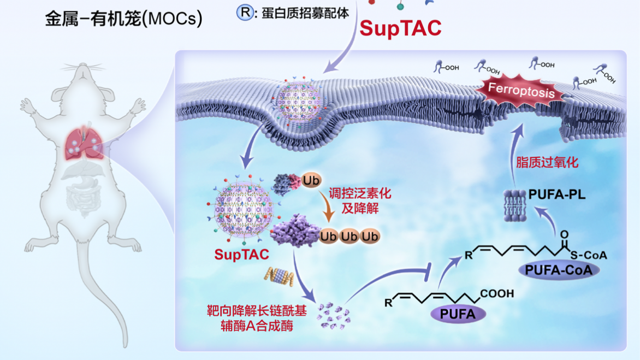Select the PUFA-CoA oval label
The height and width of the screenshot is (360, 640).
[558, 269]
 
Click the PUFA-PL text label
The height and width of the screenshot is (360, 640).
[556, 194]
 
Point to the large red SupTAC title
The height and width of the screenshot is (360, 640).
[401, 28]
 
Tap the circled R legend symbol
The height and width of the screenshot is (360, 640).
[244, 12]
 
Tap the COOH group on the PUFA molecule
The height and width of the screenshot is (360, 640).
[497, 294]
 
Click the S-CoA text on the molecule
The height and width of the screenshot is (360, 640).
[588, 255]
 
